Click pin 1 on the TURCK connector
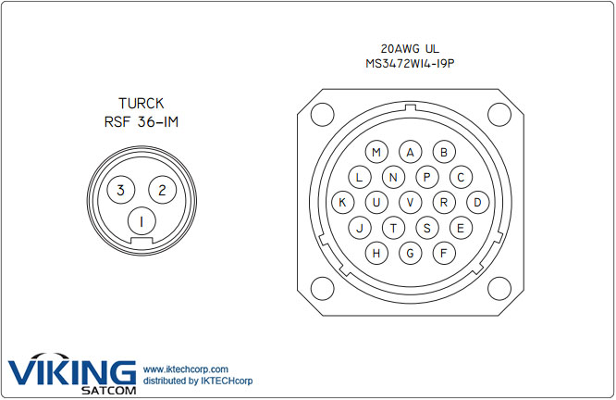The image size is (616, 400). tap(141, 221)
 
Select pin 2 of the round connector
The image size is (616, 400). tap(162, 191)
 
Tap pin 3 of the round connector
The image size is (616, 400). tap(119, 191)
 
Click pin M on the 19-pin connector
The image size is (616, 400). tap(376, 153)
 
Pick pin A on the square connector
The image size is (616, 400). tap(411, 153)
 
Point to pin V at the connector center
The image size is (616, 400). tap(411, 202)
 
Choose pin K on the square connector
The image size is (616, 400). tap(342, 202)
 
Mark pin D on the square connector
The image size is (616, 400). tap(478, 202)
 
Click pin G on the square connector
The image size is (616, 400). tap(411, 252)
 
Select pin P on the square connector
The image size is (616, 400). tap(427, 177)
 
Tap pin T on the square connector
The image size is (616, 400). tap(394, 227)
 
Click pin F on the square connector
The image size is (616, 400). tap(444, 252)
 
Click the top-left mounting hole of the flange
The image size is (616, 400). tap(321, 115)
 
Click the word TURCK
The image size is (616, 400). tap(141, 103)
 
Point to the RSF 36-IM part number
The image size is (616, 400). tap(141, 121)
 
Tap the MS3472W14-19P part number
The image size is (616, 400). tap(410, 64)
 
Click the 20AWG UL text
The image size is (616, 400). tap(410, 48)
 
